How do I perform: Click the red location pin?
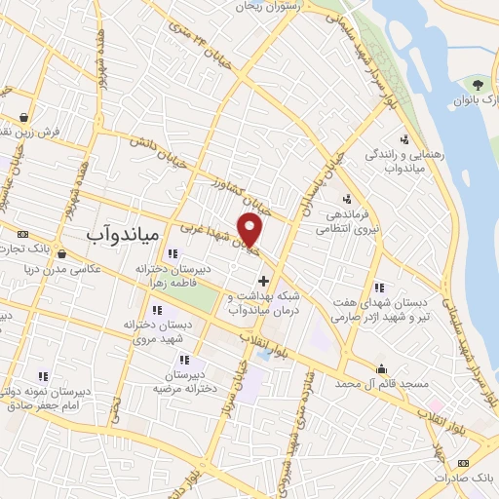[250, 228]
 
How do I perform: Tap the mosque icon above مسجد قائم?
[381, 368]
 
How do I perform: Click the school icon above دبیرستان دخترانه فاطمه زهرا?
[173, 255]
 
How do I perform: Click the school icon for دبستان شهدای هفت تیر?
[379, 288]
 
